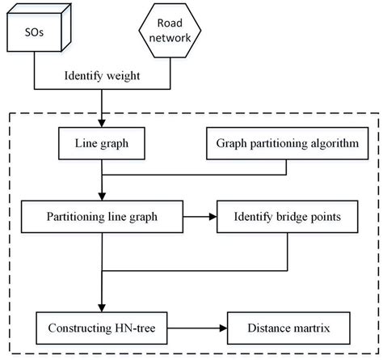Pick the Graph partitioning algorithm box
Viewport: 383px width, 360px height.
[x=288, y=145]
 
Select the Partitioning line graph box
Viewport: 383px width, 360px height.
[x=102, y=217]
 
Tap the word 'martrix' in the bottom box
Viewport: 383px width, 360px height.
[x=311, y=330]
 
